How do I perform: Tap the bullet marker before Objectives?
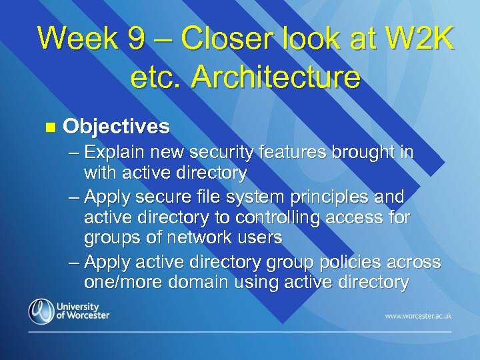point(46,127)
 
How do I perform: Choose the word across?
point(411,261)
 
